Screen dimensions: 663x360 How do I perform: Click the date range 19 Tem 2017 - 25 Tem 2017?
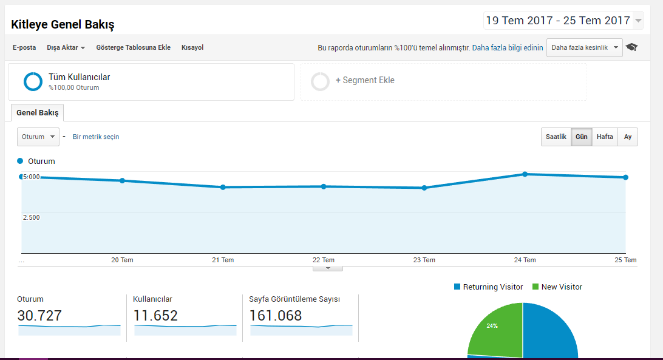click(558, 20)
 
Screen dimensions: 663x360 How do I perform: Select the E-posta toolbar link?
click(24, 47)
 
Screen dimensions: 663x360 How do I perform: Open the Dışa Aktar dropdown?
click(66, 47)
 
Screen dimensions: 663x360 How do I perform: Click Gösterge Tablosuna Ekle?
click(133, 47)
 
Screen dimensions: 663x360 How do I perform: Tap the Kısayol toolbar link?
click(192, 47)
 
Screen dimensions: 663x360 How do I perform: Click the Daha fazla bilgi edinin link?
click(508, 48)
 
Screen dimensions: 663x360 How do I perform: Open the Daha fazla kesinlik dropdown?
click(584, 47)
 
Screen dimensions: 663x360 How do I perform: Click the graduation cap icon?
click(631, 47)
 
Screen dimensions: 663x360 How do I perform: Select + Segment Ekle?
click(365, 80)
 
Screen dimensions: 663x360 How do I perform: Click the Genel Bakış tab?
click(37, 112)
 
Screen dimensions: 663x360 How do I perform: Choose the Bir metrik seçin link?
click(96, 137)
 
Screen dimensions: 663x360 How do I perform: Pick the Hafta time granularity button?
click(605, 137)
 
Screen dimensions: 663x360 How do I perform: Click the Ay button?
click(628, 137)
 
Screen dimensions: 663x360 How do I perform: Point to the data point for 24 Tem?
click(525, 174)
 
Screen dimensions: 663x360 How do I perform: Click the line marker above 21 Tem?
click(223, 187)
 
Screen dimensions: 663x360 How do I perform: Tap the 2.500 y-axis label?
click(32, 217)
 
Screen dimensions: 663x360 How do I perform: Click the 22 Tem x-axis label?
click(324, 260)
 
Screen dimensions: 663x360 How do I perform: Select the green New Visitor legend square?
click(535, 287)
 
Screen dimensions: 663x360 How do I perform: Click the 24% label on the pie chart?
click(492, 326)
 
